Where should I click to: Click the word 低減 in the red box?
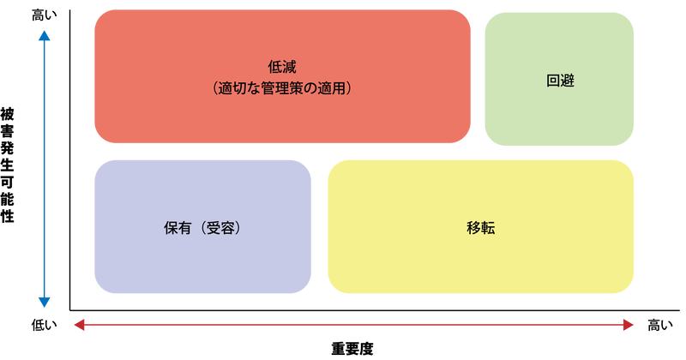coord(282,67)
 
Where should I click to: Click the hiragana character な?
coord(256,87)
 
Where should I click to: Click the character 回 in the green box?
coord(552,81)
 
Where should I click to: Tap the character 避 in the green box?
coord(567,81)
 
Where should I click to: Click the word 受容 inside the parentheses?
coord(220,229)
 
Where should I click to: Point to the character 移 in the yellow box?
coord(474,229)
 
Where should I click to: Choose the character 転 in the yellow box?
coord(489,229)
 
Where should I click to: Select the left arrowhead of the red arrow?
coord(77,324)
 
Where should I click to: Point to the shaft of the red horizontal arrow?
coord(352,324)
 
